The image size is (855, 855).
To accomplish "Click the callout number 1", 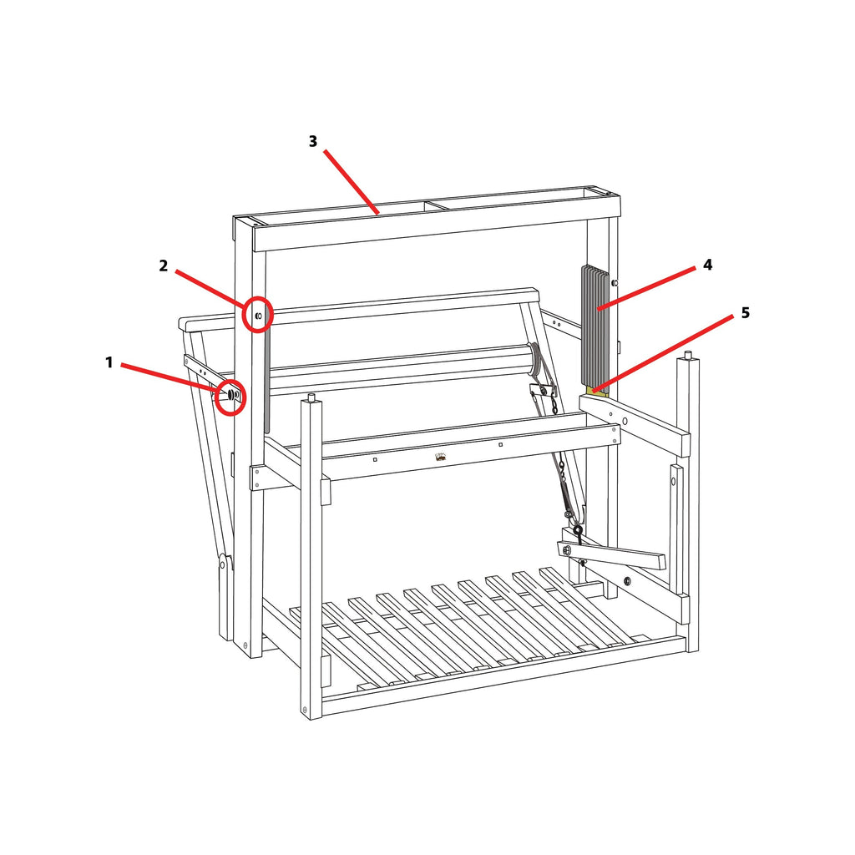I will [109, 362].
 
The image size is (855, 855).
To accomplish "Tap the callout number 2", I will [164, 266].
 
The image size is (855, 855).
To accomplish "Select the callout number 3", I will [313, 141].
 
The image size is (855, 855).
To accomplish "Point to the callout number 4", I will [707, 265].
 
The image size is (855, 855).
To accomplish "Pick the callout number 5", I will [745, 313].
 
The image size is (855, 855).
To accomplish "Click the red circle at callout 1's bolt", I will [230, 396].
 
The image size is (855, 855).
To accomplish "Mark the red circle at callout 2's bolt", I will [258, 315].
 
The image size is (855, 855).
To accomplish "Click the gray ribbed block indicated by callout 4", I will [595, 326].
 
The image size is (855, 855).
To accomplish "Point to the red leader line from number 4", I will [646, 289].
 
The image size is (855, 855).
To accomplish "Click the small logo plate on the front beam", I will [440, 457].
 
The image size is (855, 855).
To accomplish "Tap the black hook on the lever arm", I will [578, 530].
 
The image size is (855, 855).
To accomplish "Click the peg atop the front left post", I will [311, 397].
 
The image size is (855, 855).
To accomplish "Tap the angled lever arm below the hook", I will [614, 554].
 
